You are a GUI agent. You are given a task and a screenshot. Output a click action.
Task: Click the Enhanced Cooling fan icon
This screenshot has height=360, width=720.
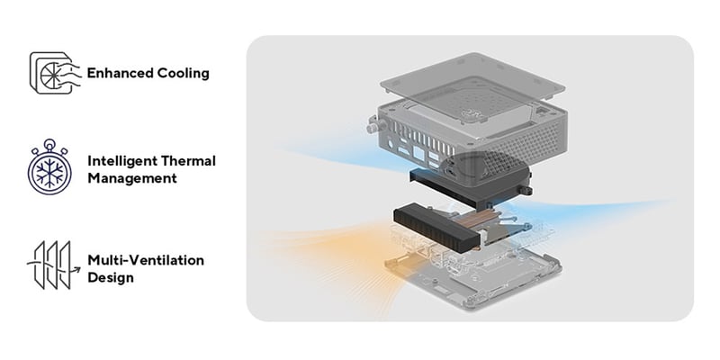click(51, 72)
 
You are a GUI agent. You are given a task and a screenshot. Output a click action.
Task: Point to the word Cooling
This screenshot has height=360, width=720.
click(184, 72)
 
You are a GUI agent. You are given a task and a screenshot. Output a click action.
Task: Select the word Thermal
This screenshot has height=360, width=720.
click(191, 161)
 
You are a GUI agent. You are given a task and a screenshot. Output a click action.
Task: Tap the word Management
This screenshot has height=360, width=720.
click(131, 178)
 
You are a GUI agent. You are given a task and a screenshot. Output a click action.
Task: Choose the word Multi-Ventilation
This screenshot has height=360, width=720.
click(146, 260)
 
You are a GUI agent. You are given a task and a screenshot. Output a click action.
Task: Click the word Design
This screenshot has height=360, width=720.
click(111, 277)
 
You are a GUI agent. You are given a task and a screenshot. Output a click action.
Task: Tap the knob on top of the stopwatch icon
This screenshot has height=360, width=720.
click(50, 142)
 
